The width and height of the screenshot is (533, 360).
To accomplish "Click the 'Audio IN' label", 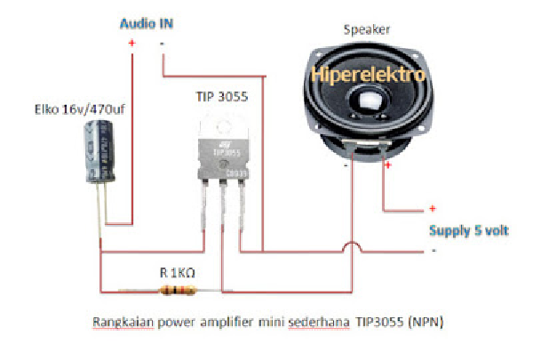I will (147, 24).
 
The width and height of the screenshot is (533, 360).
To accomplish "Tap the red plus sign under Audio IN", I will (132, 43).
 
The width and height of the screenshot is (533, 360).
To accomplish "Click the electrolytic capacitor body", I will (98, 152).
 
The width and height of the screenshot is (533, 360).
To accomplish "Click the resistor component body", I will (173, 290).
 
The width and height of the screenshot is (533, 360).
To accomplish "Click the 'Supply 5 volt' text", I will (468, 229).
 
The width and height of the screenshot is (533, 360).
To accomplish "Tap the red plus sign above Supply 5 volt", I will (433, 209).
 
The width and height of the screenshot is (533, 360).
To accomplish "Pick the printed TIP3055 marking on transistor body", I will (224, 152).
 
